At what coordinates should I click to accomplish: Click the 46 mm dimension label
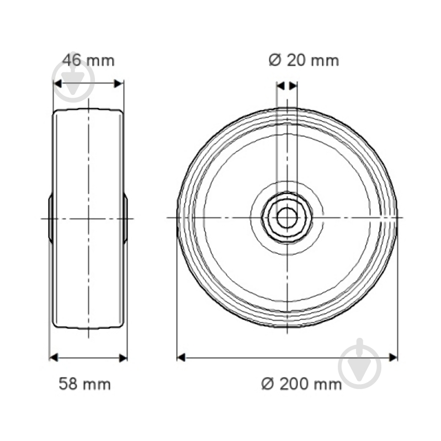pyautogui.click(x=88, y=60)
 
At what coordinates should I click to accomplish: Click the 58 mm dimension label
pyautogui.click(x=85, y=384)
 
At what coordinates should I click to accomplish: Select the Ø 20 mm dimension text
pyautogui.click(x=304, y=60)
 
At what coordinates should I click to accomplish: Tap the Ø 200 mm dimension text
pyautogui.click(x=301, y=384)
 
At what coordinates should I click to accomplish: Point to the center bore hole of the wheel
pyautogui.click(x=286, y=218)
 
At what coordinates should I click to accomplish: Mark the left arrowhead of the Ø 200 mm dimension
pyautogui.click(x=181, y=358)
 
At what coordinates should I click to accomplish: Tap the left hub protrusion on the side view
pyautogui.click(x=51, y=218)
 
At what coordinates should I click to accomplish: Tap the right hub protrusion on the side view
pyautogui.click(x=125, y=218)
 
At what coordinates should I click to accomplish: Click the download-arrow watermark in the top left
pyautogui.click(x=71, y=77)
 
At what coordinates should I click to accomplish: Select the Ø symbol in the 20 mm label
pyautogui.click(x=275, y=60)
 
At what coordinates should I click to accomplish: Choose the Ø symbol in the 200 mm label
pyautogui.click(x=268, y=384)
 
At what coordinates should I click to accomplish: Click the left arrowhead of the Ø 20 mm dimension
pyautogui.click(x=280, y=86)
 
